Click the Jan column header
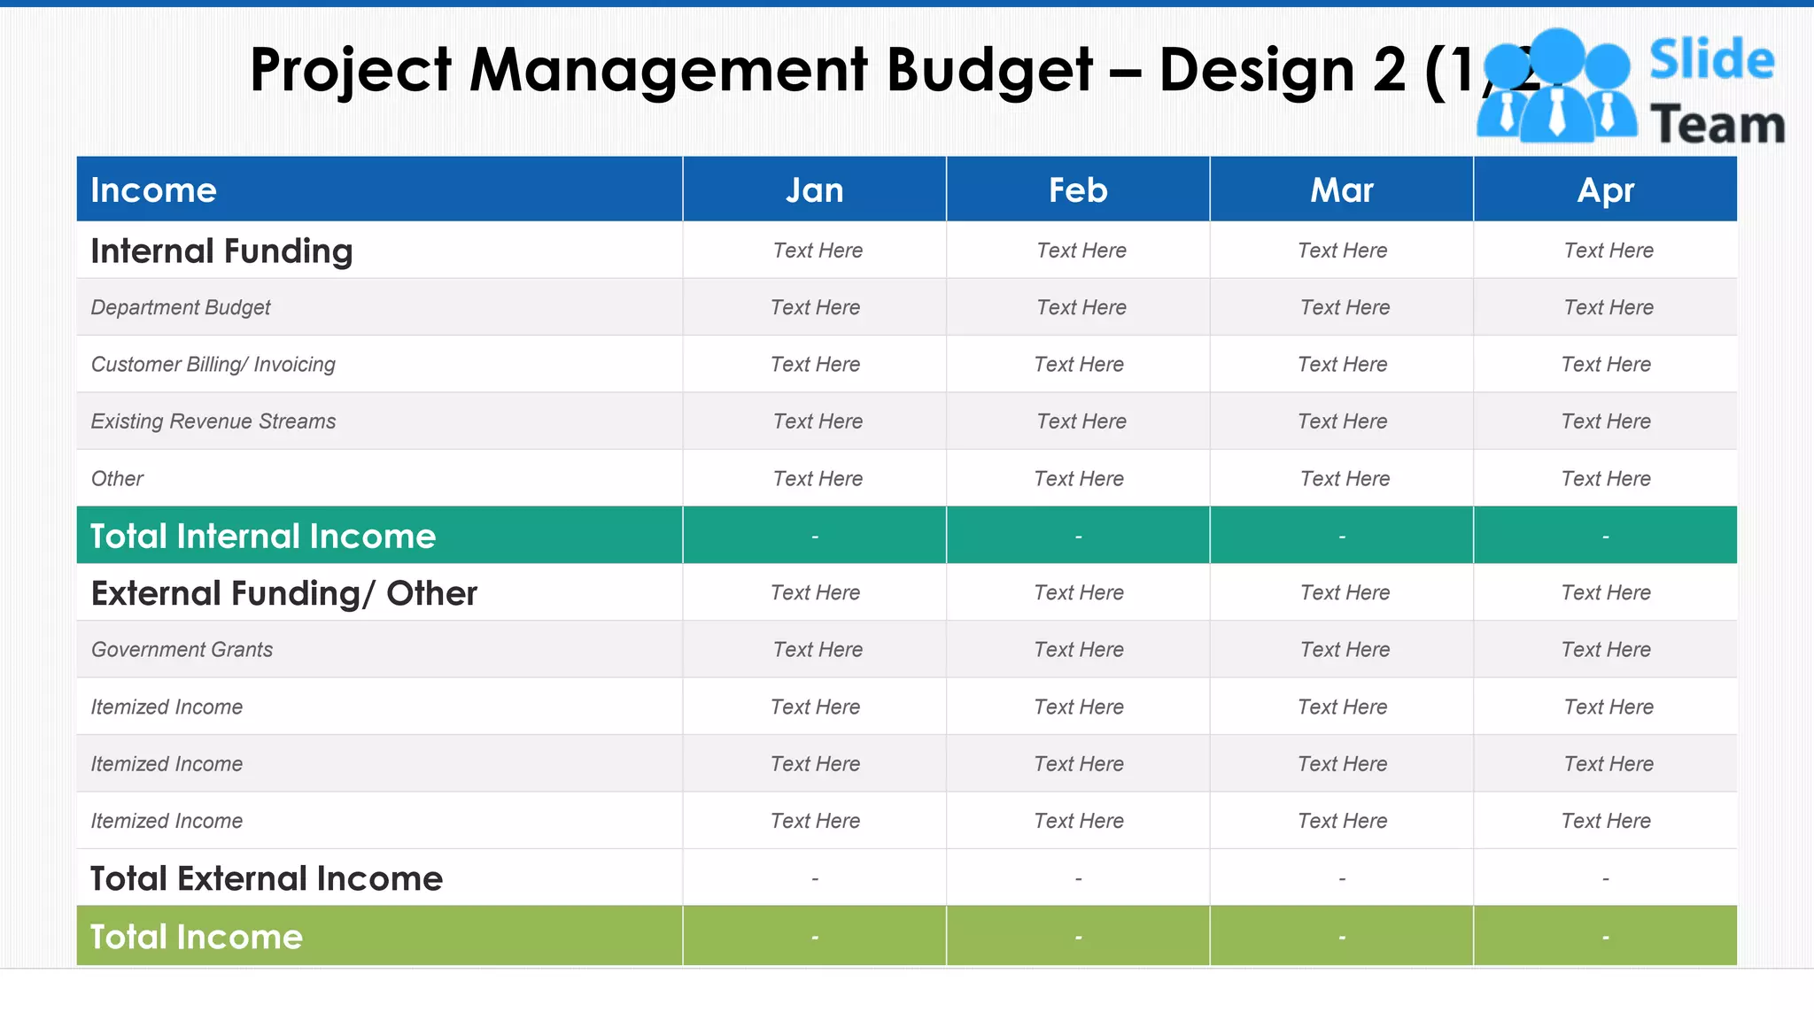tap(814, 190)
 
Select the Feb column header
tap(1078, 190)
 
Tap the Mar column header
tap(1342, 190)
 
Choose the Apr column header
tap(1605, 190)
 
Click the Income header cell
tap(154, 190)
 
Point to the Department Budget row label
tap(181, 307)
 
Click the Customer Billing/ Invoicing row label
tap(213, 364)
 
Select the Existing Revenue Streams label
tap(213, 421)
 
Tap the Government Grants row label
tap(182, 649)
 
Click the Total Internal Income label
tap(263, 536)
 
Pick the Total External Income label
tap(266, 878)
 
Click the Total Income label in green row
tap(197, 937)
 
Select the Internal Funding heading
tap(221, 251)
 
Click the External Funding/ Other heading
tap(283, 593)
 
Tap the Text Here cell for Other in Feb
tap(1079, 479)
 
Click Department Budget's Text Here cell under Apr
tap(1608, 307)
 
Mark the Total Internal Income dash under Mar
tap(1342, 536)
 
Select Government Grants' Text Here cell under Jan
tap(818, 649)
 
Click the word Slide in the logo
tap(1711, 60)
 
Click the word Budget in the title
tap(989, 71)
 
